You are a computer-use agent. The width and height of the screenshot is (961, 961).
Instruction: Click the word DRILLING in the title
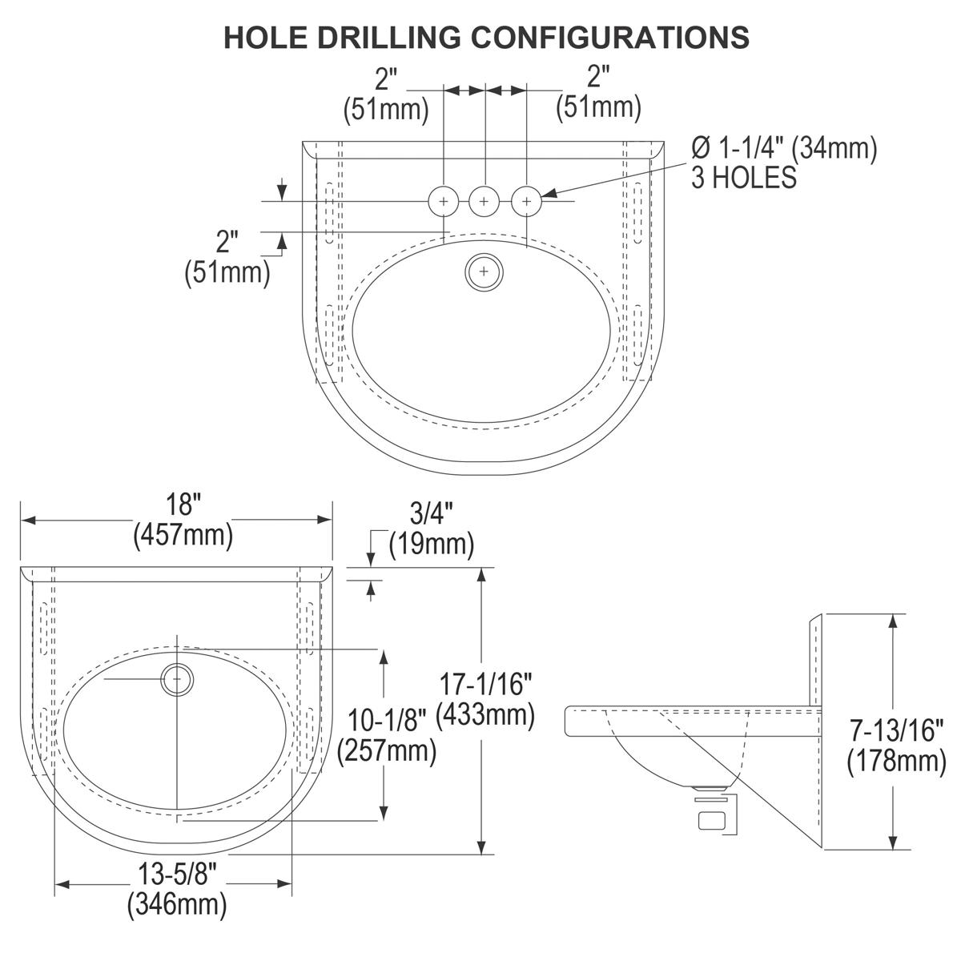click(388, 37)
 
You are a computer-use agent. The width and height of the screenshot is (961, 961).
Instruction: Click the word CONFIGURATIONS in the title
click(610, 37)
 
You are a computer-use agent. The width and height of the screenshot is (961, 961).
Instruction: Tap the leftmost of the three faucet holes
click(444, 202)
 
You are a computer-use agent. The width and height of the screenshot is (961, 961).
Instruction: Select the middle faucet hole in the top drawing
click(484, 202)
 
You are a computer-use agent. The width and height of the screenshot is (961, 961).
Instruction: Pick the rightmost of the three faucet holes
click(527, 202)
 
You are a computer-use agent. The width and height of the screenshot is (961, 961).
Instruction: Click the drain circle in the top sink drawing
click(484, 271)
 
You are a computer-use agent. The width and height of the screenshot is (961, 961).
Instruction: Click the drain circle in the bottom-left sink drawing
click(177, 679)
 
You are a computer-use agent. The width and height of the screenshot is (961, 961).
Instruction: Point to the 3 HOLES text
click(743, 178)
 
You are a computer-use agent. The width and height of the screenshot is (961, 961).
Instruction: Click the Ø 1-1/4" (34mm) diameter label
click(784, 148)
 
